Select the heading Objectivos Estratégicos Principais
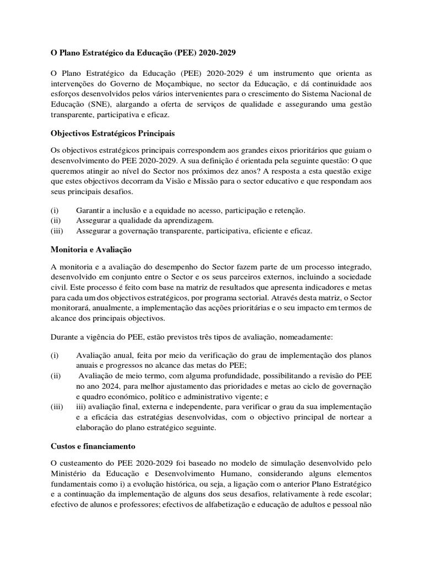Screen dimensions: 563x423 click(x=114, y=133)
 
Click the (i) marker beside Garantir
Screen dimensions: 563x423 click(x=55, y=211)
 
